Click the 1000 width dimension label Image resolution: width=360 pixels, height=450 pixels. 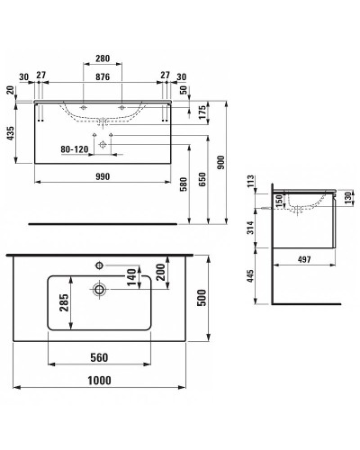point(99,381)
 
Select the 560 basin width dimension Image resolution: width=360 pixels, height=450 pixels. point(99,357)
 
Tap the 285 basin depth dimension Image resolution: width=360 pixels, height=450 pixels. point(64,302)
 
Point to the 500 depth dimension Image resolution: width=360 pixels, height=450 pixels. point(202,298)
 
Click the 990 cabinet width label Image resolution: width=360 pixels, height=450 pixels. point(103,176)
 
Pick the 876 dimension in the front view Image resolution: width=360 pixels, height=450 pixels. point(103,76)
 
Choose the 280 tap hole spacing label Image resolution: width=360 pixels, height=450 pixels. point(103,58)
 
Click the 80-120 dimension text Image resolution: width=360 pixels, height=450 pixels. point(75,149)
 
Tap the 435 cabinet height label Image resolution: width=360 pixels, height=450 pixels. point(11,133)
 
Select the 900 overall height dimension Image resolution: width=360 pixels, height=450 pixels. point(220,162)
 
